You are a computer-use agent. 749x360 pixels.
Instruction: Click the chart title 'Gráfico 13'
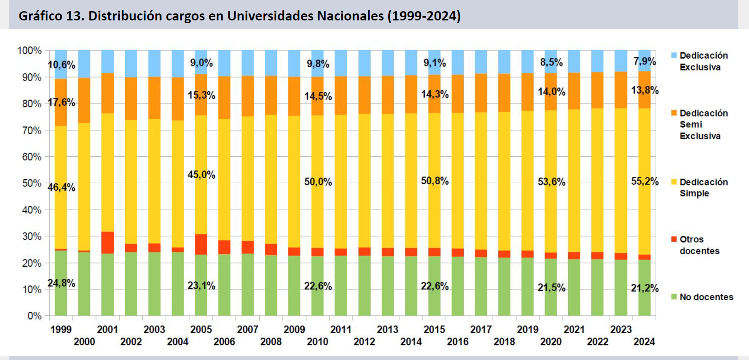pos(239,16)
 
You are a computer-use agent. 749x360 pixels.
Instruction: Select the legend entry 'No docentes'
pos(706,297)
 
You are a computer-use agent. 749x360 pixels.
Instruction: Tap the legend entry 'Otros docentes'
pos(699,245)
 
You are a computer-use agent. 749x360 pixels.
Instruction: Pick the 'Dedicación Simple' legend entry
pos(703,187)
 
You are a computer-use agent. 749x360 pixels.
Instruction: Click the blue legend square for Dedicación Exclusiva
pos(674,56)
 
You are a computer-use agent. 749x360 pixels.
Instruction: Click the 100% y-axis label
pos(29,51)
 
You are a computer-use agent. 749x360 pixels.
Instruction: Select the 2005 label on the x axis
pos(201,329)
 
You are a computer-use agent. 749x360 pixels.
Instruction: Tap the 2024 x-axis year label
pos(644,342)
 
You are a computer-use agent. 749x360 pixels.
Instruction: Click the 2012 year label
pos(364,342)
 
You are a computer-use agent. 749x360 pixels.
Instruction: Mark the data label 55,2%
pos(645,181)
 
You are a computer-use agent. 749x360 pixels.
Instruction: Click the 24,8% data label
pos(61,283)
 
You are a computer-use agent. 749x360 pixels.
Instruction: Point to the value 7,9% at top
pos(645,61)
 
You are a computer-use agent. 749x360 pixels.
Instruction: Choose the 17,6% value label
pos(61,102)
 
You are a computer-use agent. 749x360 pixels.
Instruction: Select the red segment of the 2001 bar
pos(108,242)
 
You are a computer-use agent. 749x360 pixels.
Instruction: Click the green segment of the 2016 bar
pos(458,285)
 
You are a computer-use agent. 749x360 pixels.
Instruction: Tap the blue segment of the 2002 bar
pos(131,64)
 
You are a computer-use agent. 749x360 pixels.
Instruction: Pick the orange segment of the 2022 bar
pos(597,90)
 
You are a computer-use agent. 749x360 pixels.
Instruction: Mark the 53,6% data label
pos(551,182)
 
